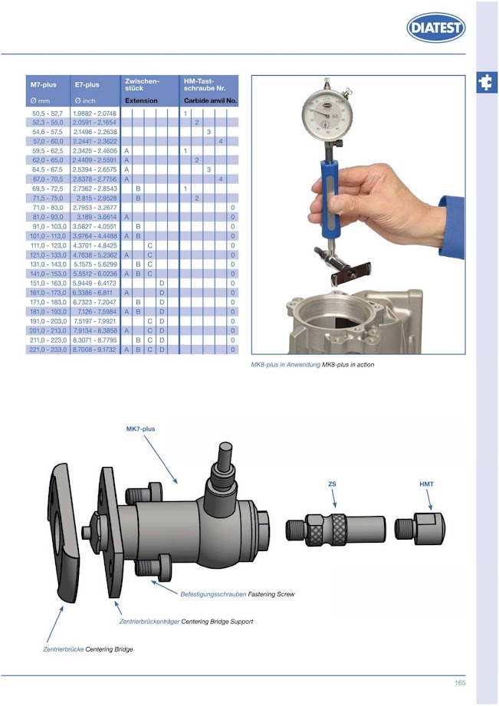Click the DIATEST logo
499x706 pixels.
(x=435, y=28)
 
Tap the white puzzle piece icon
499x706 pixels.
(x=485, y=82)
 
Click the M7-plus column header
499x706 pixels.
(x=43, y=84)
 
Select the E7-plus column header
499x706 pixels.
(x=87, y=84)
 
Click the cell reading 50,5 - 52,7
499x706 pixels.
(x=48, y=113)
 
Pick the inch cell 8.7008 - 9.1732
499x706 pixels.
(x=94, y=350)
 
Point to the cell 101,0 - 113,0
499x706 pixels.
(x=48, y=236)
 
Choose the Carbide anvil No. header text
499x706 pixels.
(x=210, y=101)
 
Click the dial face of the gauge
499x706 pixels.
(x=327, y=114)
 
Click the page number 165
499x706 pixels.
(x=460, y=683)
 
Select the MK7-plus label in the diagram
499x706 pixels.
(x=140, y=429)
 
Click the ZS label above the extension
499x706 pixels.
(x=332, y=484)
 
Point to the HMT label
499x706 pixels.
(x=426, y=484)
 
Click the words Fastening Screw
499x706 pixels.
(x=271, y=594)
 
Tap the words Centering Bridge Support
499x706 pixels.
(x=217, y=622)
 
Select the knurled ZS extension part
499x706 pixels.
(x=336, y=529)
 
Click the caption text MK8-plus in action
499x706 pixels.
(x=348, y=365)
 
